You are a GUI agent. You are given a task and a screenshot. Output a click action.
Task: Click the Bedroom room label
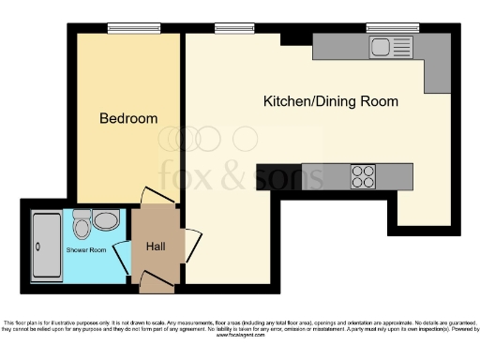[128, 119]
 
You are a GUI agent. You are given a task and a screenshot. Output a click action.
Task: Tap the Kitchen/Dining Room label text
[330, 101]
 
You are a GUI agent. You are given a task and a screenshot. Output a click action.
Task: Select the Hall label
[155, 247]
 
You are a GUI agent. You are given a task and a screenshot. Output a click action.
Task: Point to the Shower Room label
[85, 250]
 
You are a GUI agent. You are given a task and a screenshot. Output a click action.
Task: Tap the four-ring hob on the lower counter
[363, 175]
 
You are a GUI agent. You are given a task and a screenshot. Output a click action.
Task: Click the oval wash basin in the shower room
[106, 221]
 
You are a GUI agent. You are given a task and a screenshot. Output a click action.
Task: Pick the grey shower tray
[48, 247]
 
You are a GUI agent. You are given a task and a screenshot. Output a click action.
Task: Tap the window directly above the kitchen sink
[384, 26]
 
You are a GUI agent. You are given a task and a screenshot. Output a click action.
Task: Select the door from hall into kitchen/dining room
[192, 246]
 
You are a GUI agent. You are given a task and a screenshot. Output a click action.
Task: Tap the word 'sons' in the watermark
[290, 175]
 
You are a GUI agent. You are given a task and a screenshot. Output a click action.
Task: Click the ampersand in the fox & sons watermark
[240, 175]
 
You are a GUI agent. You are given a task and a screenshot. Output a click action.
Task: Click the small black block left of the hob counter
[264, 175]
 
